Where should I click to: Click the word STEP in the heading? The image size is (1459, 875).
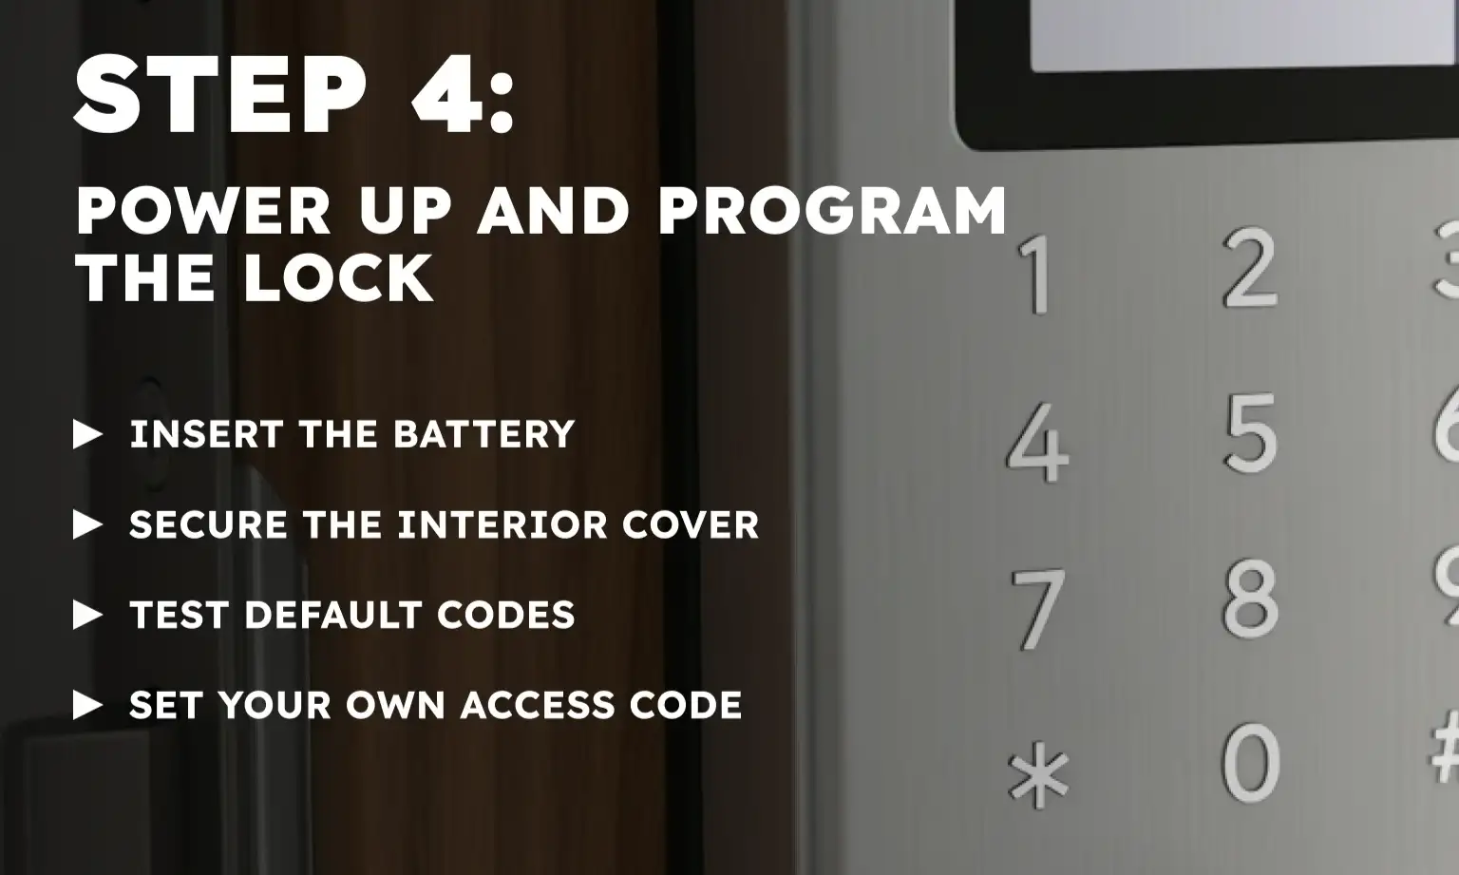219,95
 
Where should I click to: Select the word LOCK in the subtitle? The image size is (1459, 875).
338,278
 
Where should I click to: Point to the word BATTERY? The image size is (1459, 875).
483,434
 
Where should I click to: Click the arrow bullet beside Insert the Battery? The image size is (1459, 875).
87,435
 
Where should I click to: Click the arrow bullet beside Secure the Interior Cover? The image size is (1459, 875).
87,524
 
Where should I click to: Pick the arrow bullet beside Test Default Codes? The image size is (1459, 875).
87,615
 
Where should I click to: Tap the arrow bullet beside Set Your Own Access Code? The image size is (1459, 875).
87,705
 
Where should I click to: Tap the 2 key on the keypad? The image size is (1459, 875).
1249,268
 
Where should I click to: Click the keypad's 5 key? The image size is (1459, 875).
1249,433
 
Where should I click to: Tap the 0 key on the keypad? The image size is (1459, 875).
1249,762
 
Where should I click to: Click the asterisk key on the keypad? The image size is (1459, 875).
1038,775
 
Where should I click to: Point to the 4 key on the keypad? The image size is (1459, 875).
1036,443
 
